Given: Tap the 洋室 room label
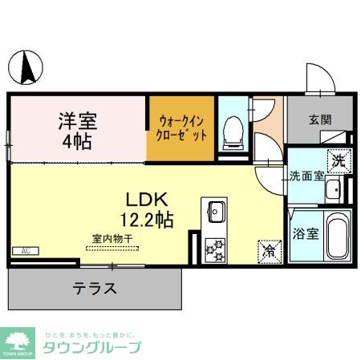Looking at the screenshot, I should (x=77, y=122).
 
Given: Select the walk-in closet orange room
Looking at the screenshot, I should (x=182, y=127).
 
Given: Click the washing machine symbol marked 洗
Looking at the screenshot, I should (x=339, y=159).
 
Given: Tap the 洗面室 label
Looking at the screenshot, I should (x=307, y=176).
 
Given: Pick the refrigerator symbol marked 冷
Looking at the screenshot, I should (x=268, y=250).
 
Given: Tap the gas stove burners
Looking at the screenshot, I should (x=215, y=250).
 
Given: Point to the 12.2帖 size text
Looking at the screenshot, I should (x=148, y=217).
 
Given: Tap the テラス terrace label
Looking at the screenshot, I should (x=95, y=289).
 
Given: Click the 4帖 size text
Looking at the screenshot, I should (x=77, y=143).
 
